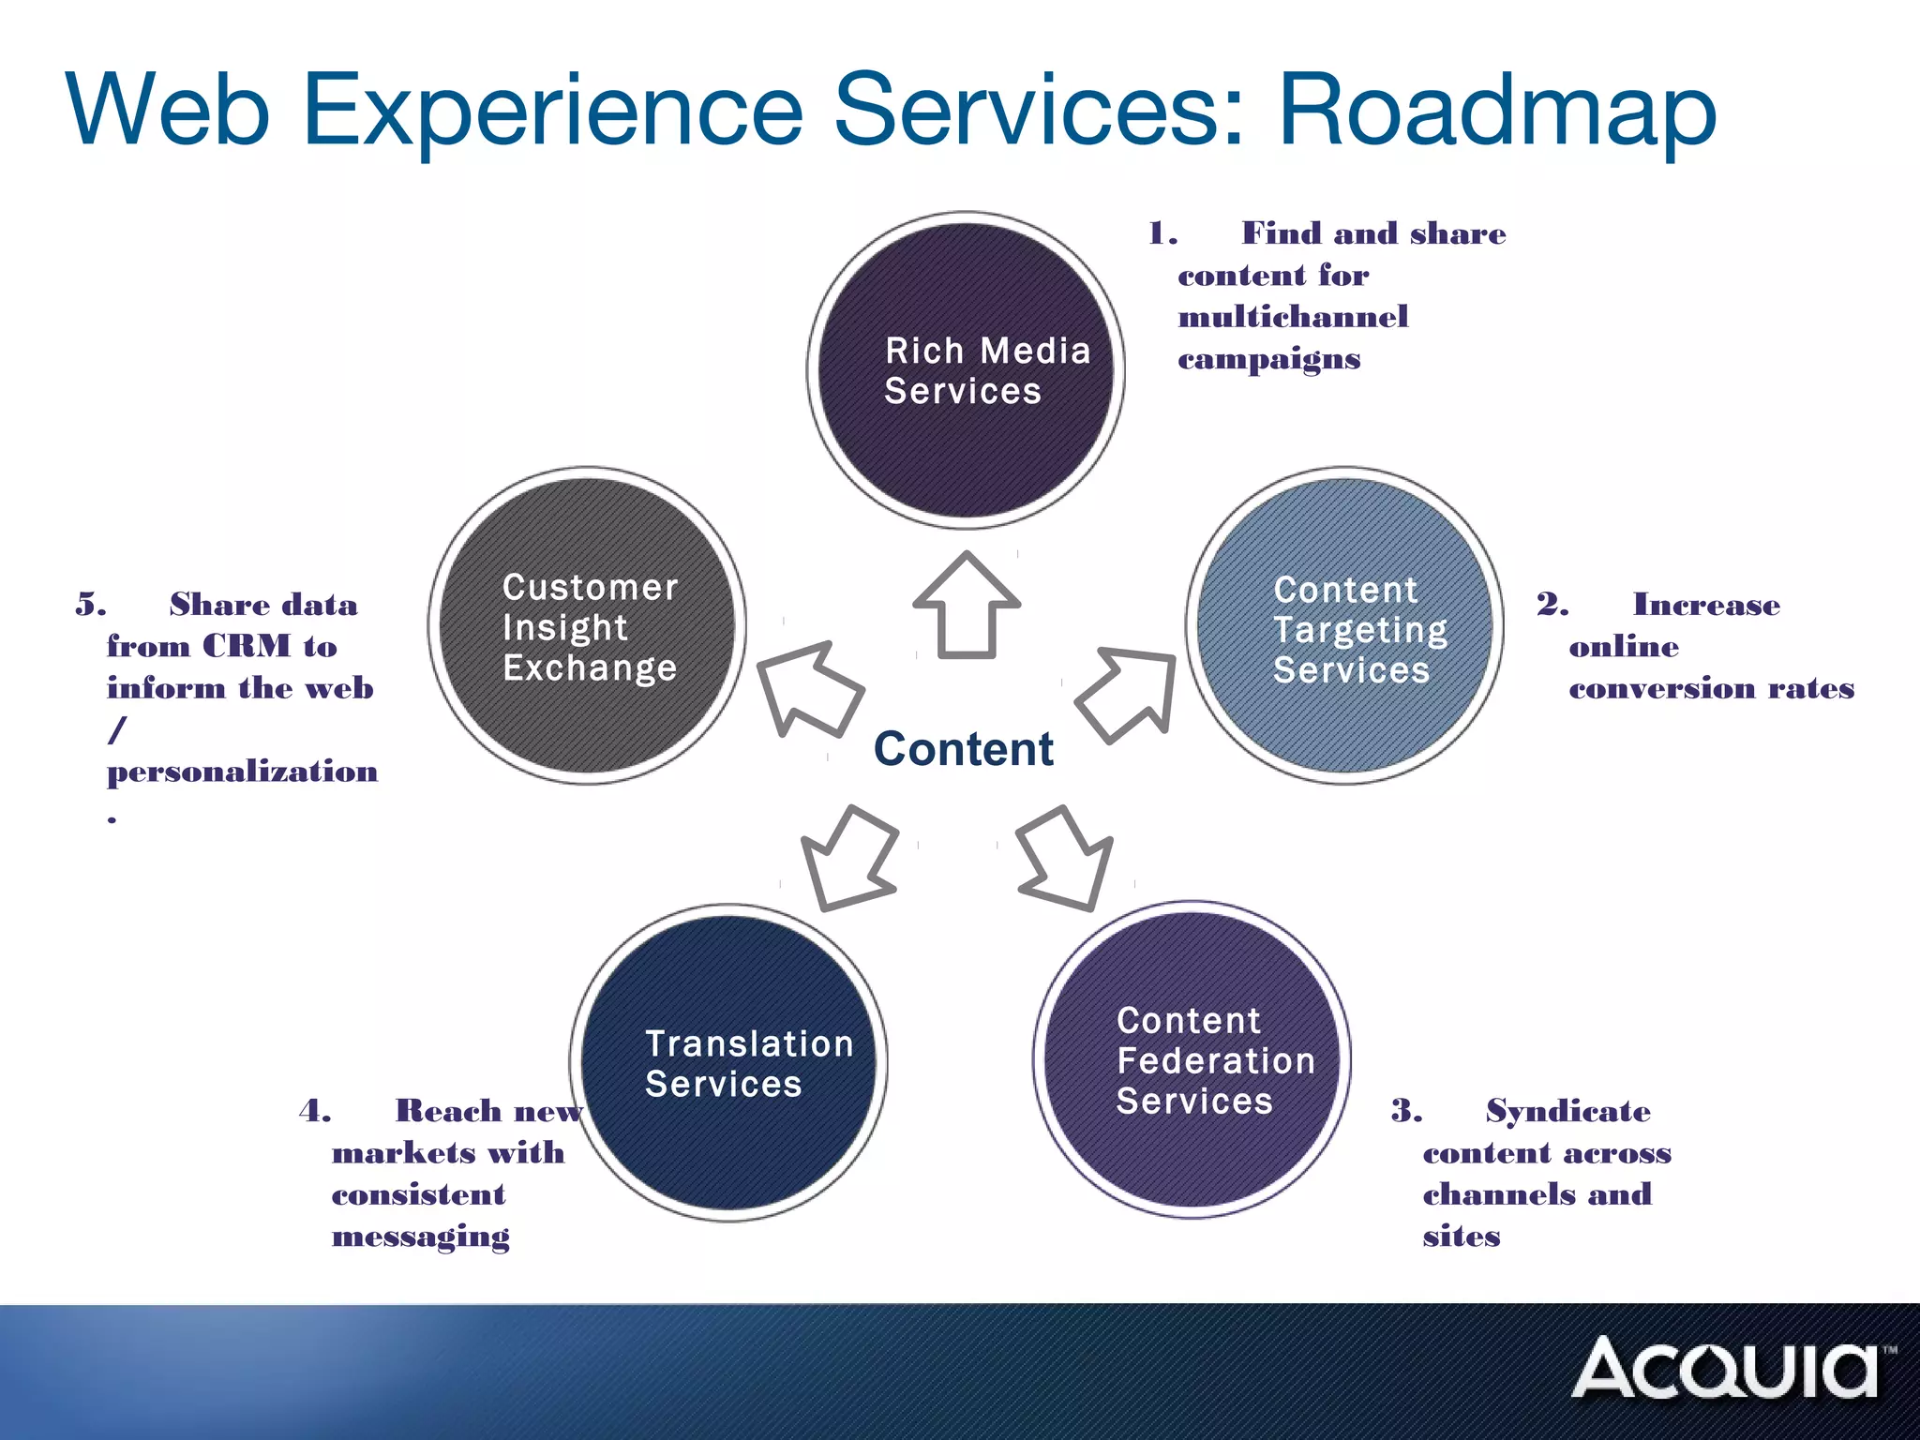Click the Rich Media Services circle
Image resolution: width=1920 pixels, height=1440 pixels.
tap(966, 370)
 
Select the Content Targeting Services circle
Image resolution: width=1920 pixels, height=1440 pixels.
tap(1345, 625)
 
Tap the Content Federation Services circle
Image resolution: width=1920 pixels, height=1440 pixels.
tap(1192, 1060)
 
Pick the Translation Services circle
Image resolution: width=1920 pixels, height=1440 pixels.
tap(728, 1063)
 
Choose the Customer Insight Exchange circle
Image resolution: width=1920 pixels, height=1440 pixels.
tap(588, 625)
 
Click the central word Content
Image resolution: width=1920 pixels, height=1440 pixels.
tap(963, 749)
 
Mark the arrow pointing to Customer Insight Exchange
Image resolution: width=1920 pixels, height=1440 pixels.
tap(807, 689)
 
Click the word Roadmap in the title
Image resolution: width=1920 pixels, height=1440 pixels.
tap(1497, 110)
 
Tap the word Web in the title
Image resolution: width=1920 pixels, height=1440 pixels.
tap(169, 110)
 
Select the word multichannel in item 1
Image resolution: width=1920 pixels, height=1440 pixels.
tap(1293, 317)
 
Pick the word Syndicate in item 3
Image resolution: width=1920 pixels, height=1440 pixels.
tap(1567, 1111)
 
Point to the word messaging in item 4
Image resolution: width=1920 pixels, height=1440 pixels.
tap(421, 1237)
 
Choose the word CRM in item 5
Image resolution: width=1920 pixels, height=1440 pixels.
tap(247, 646)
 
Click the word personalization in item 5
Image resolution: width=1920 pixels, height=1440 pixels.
tap(242, 772)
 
